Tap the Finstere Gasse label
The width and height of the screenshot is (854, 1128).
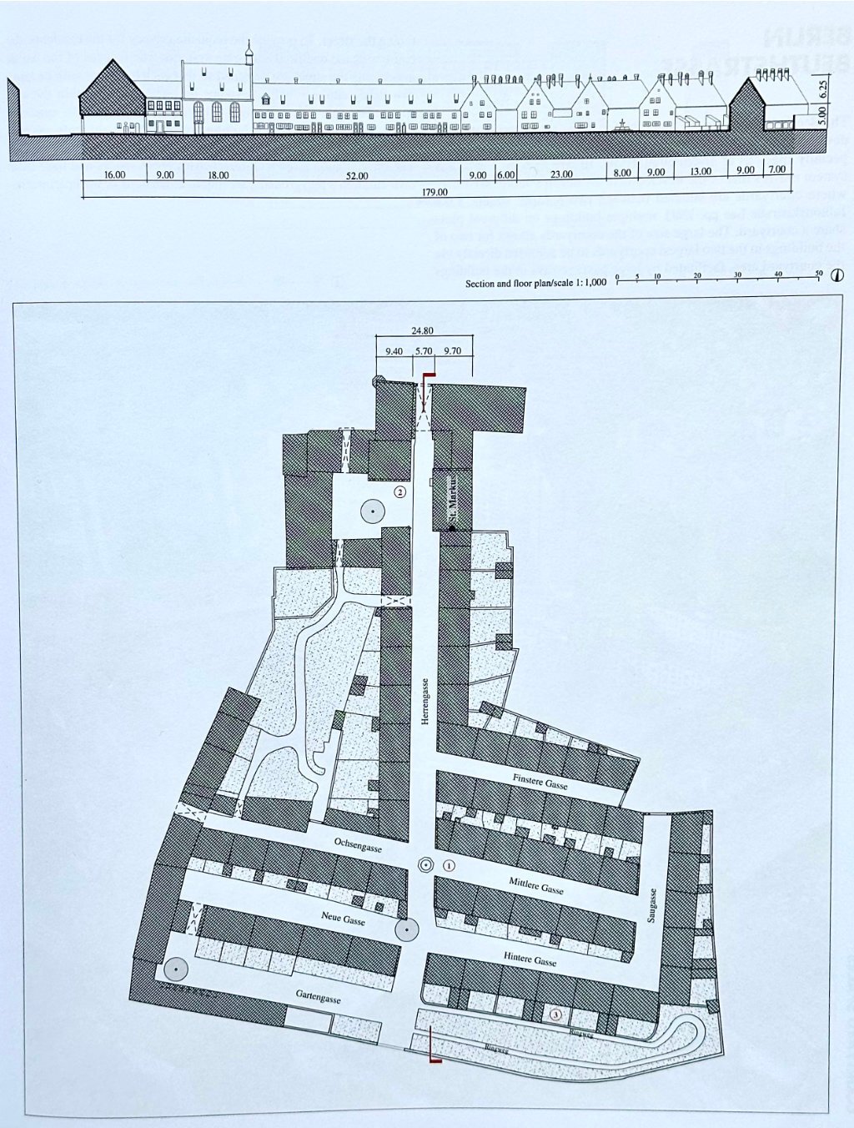tap(540, 781)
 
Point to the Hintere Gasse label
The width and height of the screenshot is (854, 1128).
tap(530, 959)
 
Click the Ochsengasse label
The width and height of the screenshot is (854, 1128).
tap(358, 844)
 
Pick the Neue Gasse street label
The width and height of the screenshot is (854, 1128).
tap(344, 918)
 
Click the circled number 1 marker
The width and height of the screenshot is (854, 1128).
tap(449, 866)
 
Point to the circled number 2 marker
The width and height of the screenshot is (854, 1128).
tap(400, 492)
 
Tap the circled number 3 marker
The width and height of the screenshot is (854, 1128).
tap(557, 1014)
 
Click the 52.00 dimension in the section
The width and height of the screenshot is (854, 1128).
tap(357, 174)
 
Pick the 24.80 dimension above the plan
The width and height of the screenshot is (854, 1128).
tap(423, 330)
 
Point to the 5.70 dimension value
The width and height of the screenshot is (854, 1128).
tap(424, 351)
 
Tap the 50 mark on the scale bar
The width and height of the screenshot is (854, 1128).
tap(818, 274)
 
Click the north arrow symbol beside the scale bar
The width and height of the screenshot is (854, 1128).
tap(836, 276)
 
